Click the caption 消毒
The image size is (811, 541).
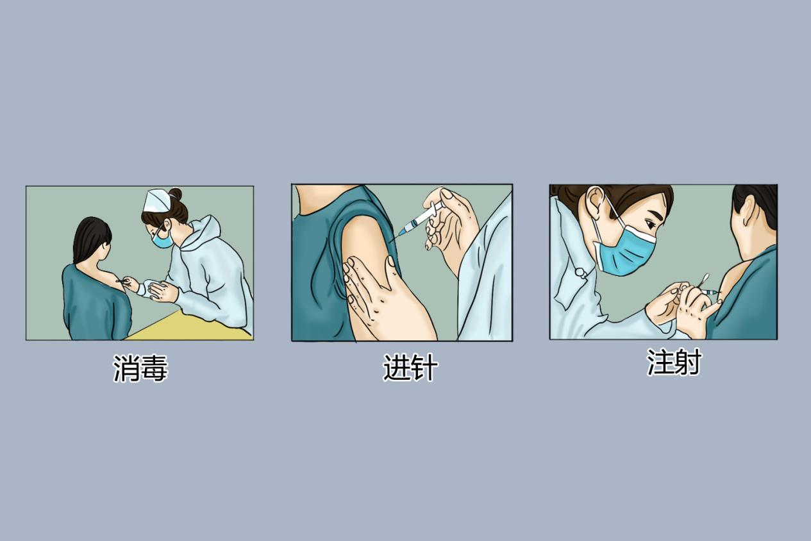pos(140,370)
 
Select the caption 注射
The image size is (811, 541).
pos(674,363)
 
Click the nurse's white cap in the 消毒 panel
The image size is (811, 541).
pos(157,200)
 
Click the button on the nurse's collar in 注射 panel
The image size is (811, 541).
pos(580,272)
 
